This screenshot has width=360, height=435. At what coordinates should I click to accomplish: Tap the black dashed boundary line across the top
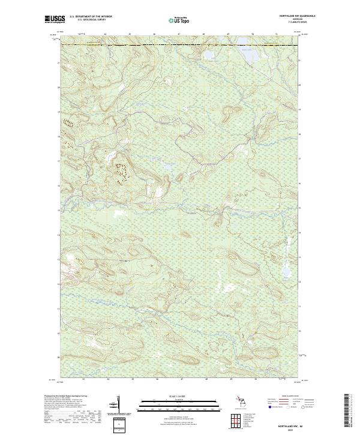tap(180, 45)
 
